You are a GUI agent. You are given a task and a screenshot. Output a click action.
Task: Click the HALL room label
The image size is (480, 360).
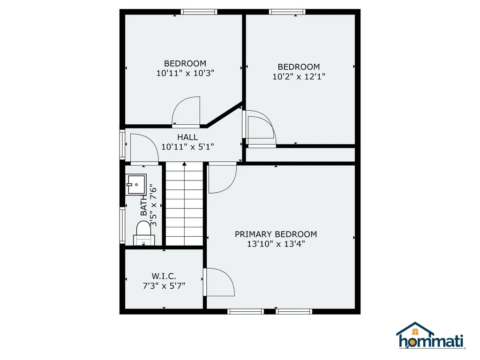(187, 137)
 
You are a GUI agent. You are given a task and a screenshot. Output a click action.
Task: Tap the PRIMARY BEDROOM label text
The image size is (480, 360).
(276, 234)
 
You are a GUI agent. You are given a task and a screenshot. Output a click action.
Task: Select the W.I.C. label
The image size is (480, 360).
(164, 277)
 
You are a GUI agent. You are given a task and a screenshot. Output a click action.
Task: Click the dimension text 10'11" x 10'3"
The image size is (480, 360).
(185, 73)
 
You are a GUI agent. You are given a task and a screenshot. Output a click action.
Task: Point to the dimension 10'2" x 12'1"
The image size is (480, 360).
(299, 76)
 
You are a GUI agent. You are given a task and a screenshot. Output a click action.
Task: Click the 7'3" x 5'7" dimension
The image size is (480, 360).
(164, 286)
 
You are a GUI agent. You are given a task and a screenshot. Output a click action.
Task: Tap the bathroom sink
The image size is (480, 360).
(136, 184)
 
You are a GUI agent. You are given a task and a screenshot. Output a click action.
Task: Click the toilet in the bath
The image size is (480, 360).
(143, 232)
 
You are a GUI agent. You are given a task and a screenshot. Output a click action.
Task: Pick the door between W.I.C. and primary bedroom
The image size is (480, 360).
(219, 282)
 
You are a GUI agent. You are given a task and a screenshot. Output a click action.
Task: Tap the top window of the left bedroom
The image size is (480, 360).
(199, 12)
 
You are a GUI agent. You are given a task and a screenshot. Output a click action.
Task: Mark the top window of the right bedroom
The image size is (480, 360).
(287, 12)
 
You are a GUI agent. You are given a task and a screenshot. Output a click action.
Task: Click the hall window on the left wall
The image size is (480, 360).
(122, 145)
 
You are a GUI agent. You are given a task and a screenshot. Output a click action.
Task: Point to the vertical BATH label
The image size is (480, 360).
(144, 207)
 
